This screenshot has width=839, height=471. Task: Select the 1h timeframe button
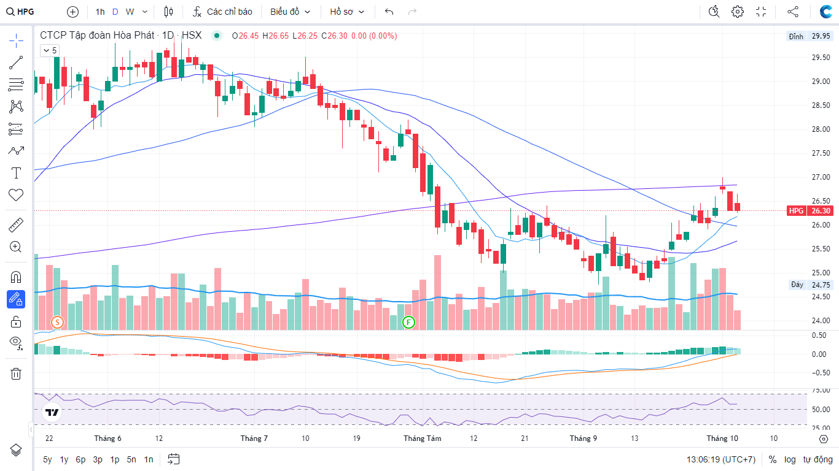coord(100,12)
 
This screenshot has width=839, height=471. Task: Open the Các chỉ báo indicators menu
coord(222,12)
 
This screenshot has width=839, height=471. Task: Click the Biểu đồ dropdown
coord(290,12)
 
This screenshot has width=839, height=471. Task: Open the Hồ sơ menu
coord(347,12)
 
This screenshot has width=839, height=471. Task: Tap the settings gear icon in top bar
coord(738,12)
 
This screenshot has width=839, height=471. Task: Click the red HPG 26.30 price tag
coord(809,210)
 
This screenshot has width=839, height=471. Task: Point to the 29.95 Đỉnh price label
coord(821,36)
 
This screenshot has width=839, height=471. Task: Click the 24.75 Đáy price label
coord(821,285)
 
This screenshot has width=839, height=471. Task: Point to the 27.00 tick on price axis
coord(821,177)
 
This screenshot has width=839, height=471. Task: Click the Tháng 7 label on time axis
coord(254,438)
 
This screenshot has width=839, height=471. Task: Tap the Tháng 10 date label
coord(722,438)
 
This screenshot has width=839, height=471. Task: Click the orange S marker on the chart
coord(57,322)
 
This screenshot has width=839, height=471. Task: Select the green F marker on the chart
coord(408,322)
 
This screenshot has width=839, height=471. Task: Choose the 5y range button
coord(47,459)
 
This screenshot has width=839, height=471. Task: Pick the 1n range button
coord(149,459)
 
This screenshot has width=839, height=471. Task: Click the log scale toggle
coord(790,459)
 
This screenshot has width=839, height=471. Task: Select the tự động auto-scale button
coord(818,459)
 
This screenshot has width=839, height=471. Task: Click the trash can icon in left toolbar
coord(16,373)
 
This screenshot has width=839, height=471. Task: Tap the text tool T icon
coord(16,173)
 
